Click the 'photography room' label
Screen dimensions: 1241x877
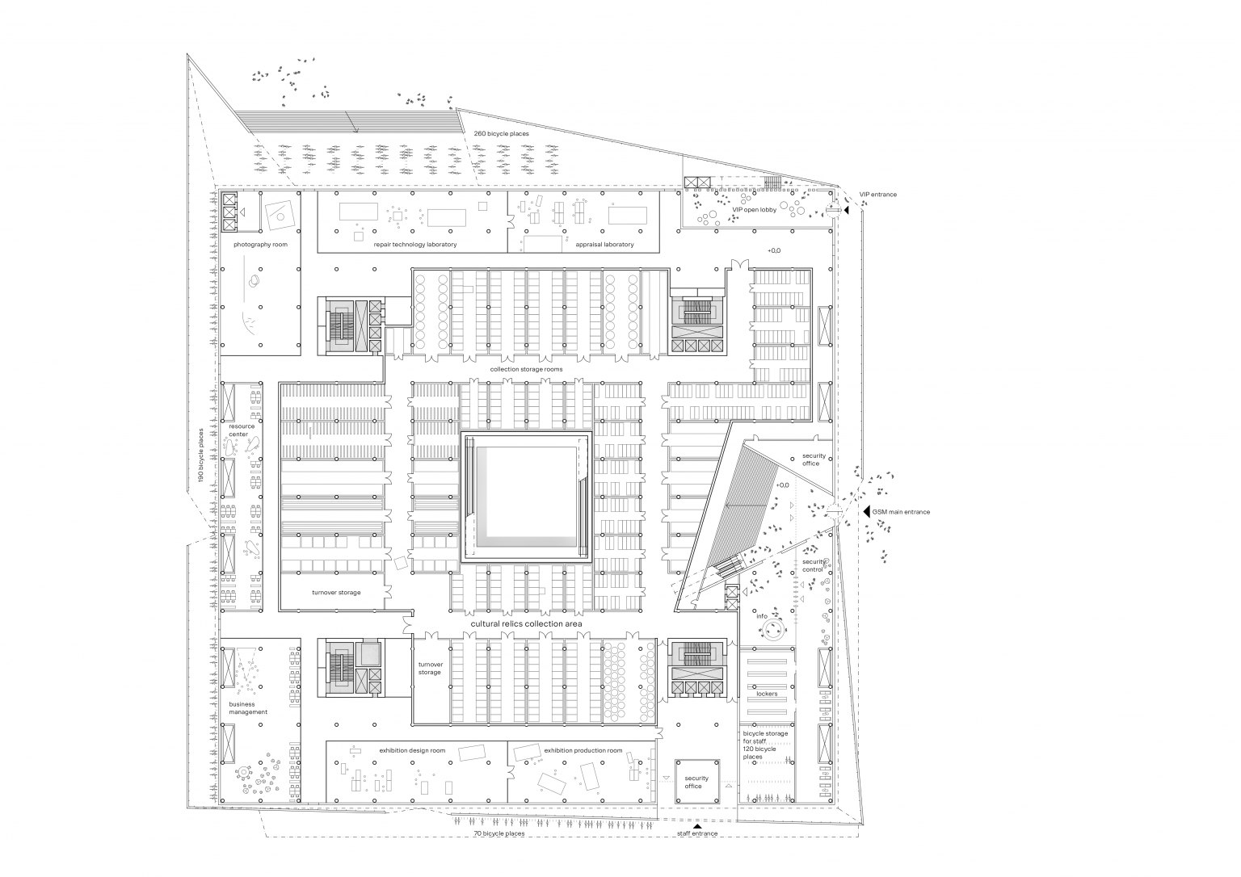click(260, 245)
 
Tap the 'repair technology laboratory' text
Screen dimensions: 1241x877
click(415, 245)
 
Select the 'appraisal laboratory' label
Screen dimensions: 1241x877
click(604, 245)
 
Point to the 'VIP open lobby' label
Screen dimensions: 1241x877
click(755, 210)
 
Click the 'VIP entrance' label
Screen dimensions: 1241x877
click(878, 195)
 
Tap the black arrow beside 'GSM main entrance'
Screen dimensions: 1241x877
click(866, 512)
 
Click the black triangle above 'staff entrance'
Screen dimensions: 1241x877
click(697, 826)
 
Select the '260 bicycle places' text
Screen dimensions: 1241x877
click(502, 134)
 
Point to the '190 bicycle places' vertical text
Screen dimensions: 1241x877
click(201, 455)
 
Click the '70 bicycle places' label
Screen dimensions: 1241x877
click(499, 833)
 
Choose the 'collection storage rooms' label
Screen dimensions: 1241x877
click(526, 369)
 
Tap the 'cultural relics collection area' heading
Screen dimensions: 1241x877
click(526, 624)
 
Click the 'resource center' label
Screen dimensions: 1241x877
click(242, 430)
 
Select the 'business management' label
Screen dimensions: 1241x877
click(248, 708)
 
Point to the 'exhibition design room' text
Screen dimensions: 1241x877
click(412, 751)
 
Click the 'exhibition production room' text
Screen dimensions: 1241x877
click(583, 751)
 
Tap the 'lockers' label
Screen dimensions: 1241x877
click(767, 694)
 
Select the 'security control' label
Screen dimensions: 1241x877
click(814, 565)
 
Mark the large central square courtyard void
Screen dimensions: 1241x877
click(527, 497)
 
